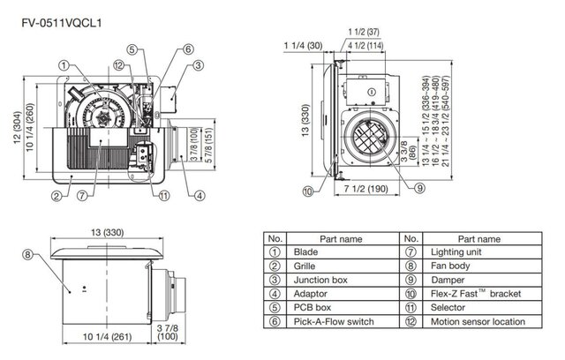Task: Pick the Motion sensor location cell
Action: pos(478,322)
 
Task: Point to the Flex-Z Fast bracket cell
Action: pos(469,294)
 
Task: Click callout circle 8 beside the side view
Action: pos(27,255)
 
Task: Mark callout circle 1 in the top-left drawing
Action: pos(64,64)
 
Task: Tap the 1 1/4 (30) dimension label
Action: pos(300,45)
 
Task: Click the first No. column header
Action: pos(275,238)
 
